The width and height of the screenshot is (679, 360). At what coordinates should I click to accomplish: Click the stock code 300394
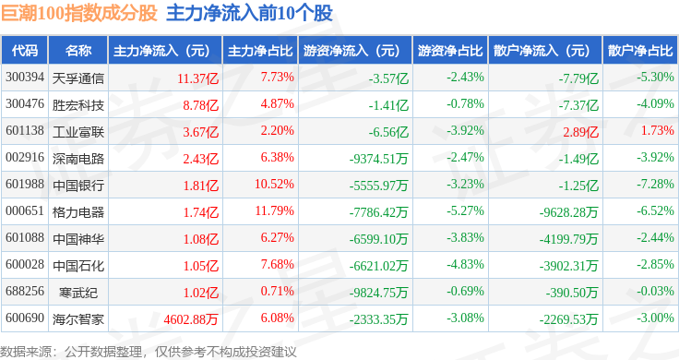pos(25,78)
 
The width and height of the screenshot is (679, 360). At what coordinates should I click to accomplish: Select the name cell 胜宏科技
pos(78,105)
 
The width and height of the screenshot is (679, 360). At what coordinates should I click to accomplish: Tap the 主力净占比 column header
pos(260,51)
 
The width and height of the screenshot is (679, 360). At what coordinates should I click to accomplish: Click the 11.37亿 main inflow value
pos(198,78)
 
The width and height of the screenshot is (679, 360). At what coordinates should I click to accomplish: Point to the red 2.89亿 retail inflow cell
pos(580,132)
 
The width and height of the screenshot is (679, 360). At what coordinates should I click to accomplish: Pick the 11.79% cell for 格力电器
pos(275,211)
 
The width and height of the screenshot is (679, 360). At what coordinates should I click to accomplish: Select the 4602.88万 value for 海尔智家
pos(191,319)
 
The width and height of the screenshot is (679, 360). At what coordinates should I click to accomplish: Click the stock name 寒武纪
pos(78,293)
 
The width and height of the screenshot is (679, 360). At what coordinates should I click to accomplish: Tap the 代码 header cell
pos(25,51)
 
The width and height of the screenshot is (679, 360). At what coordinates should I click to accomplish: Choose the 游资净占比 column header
pos(450,51)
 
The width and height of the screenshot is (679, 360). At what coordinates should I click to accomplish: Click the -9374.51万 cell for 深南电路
pos(379,159)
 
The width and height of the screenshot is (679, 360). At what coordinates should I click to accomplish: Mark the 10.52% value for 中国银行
pos(275,184)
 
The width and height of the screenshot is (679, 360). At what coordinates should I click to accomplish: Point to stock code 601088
pos(25,238)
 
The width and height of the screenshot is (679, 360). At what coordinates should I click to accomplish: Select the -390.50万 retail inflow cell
pos(572,293)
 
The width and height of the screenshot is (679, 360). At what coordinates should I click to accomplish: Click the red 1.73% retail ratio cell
pos(658,130)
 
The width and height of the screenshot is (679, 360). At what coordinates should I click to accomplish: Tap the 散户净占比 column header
pos(640,51)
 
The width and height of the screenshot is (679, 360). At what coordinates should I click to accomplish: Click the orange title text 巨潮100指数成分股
pos(78,13)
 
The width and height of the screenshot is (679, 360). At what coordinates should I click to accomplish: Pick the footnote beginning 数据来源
pos(149,352)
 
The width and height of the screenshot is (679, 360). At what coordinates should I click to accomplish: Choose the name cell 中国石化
pos(78,266)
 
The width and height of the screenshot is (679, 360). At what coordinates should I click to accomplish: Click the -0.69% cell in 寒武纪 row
pos(466,291)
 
